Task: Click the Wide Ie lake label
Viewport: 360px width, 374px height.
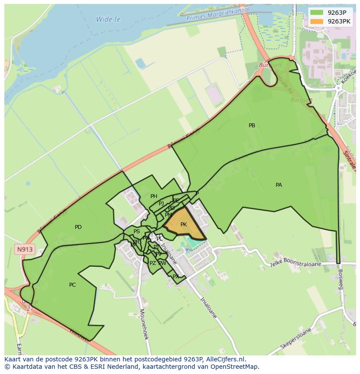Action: click(x=108, y=20)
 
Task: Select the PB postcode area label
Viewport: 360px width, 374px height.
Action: click(x=252, y=126)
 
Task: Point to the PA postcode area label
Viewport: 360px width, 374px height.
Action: click(x=279, y=185)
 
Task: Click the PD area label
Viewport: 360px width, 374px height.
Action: click(x=78, y=227)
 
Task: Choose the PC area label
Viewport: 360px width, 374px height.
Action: click(x=73, y=285)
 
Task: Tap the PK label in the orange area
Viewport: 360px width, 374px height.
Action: click(x=183, y=225)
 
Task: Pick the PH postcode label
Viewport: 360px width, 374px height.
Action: click(x=153, y=196)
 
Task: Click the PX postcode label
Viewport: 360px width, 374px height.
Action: click(x=176, y=276)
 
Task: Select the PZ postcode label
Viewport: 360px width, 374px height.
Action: click(x=153, y=263)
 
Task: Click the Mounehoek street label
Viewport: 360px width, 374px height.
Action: click(x=144, y=324)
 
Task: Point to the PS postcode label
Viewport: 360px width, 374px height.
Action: click(x=137, y=232)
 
